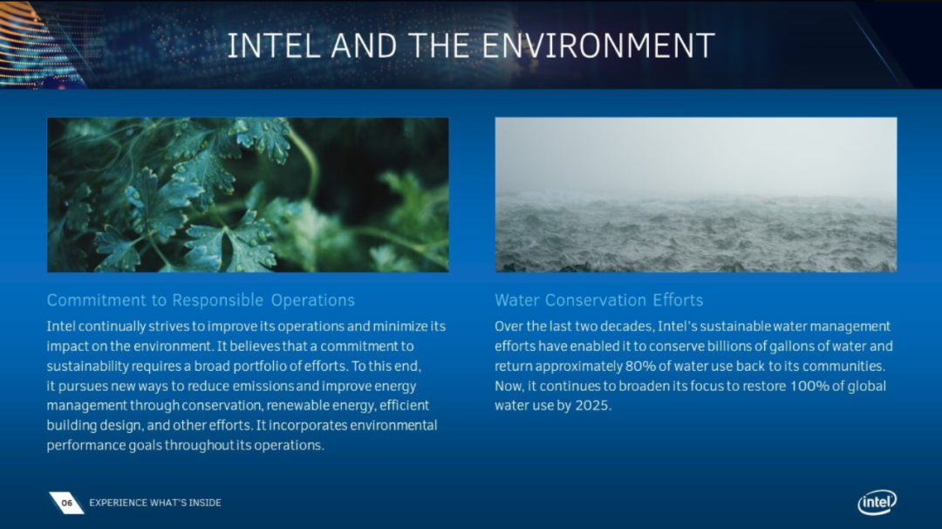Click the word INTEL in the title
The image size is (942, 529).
click(273, 45)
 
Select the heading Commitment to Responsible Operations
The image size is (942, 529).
click(201, 300)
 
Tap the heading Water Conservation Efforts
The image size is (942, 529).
click(599, 300)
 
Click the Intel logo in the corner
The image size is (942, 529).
click(877, 502)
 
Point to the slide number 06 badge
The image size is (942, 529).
click(66, 503)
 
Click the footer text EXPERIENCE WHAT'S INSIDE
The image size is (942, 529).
click(155, 503)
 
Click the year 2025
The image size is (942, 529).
click(592, 406)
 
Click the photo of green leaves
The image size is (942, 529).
click(248, 195)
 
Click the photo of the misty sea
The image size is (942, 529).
click(696, 195)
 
